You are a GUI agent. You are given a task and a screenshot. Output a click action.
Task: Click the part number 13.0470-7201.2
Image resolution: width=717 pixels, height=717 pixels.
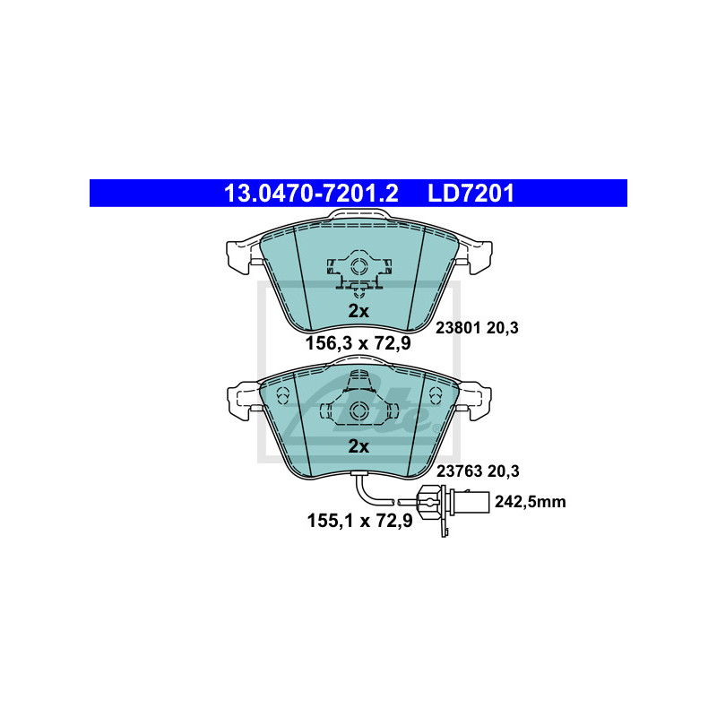[311, 194]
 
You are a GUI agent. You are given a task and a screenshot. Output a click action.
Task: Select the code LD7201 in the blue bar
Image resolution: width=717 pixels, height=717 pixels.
[471, 194]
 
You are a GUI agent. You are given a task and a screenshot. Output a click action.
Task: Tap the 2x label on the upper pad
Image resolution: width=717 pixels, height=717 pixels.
[358, 311]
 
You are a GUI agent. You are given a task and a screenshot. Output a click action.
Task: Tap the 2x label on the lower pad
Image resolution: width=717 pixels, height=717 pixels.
[358, 446]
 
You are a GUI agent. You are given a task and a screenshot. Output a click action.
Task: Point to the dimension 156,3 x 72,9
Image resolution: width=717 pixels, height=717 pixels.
[358, 343]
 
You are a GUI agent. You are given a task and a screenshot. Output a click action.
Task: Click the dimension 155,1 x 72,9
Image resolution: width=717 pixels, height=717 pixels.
[360, 521]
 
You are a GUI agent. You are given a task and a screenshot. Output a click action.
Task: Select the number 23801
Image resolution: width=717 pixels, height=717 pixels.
[458, 328]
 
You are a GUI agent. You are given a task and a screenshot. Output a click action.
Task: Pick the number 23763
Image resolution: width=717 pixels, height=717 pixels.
[459, 471]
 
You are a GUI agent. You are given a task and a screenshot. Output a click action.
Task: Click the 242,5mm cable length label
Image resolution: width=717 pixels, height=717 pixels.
[531, 502]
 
